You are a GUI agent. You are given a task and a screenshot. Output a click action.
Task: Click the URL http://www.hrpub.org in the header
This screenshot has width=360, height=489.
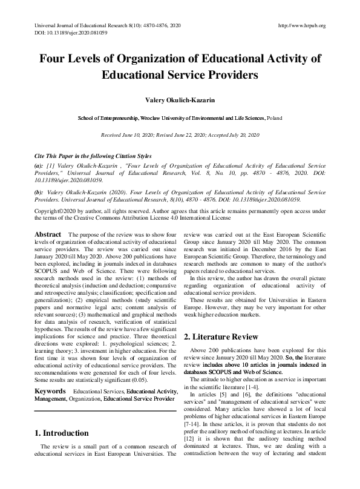click(x=301, y=25)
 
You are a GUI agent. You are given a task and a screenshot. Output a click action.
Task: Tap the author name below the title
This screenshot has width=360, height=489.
click(x=180, y=99)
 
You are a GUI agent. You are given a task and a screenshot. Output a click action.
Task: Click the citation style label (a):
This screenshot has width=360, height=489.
click(x=39, y=165)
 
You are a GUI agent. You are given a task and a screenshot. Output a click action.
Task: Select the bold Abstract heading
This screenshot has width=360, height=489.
click(x=48, y=234)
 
